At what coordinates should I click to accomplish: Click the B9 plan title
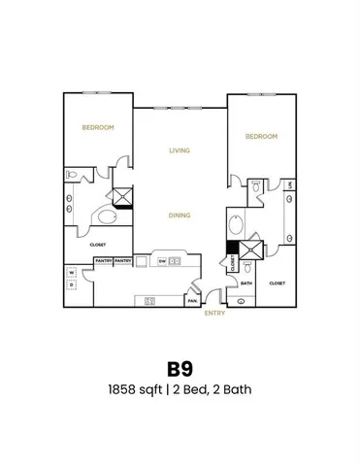tap(180, 371)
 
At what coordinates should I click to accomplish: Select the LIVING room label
tap(179, 150)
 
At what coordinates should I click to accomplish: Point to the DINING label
tap(178, 216)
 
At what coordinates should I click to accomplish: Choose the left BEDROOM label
tap(97, 128)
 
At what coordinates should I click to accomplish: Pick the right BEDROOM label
tap(262, 137)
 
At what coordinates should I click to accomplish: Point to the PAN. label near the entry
tap(192, 300)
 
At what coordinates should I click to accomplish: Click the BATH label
tap(246, 283)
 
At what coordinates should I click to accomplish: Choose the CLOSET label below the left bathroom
tap(97, 245)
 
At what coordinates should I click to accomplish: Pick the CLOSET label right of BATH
tap(277, 283)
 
